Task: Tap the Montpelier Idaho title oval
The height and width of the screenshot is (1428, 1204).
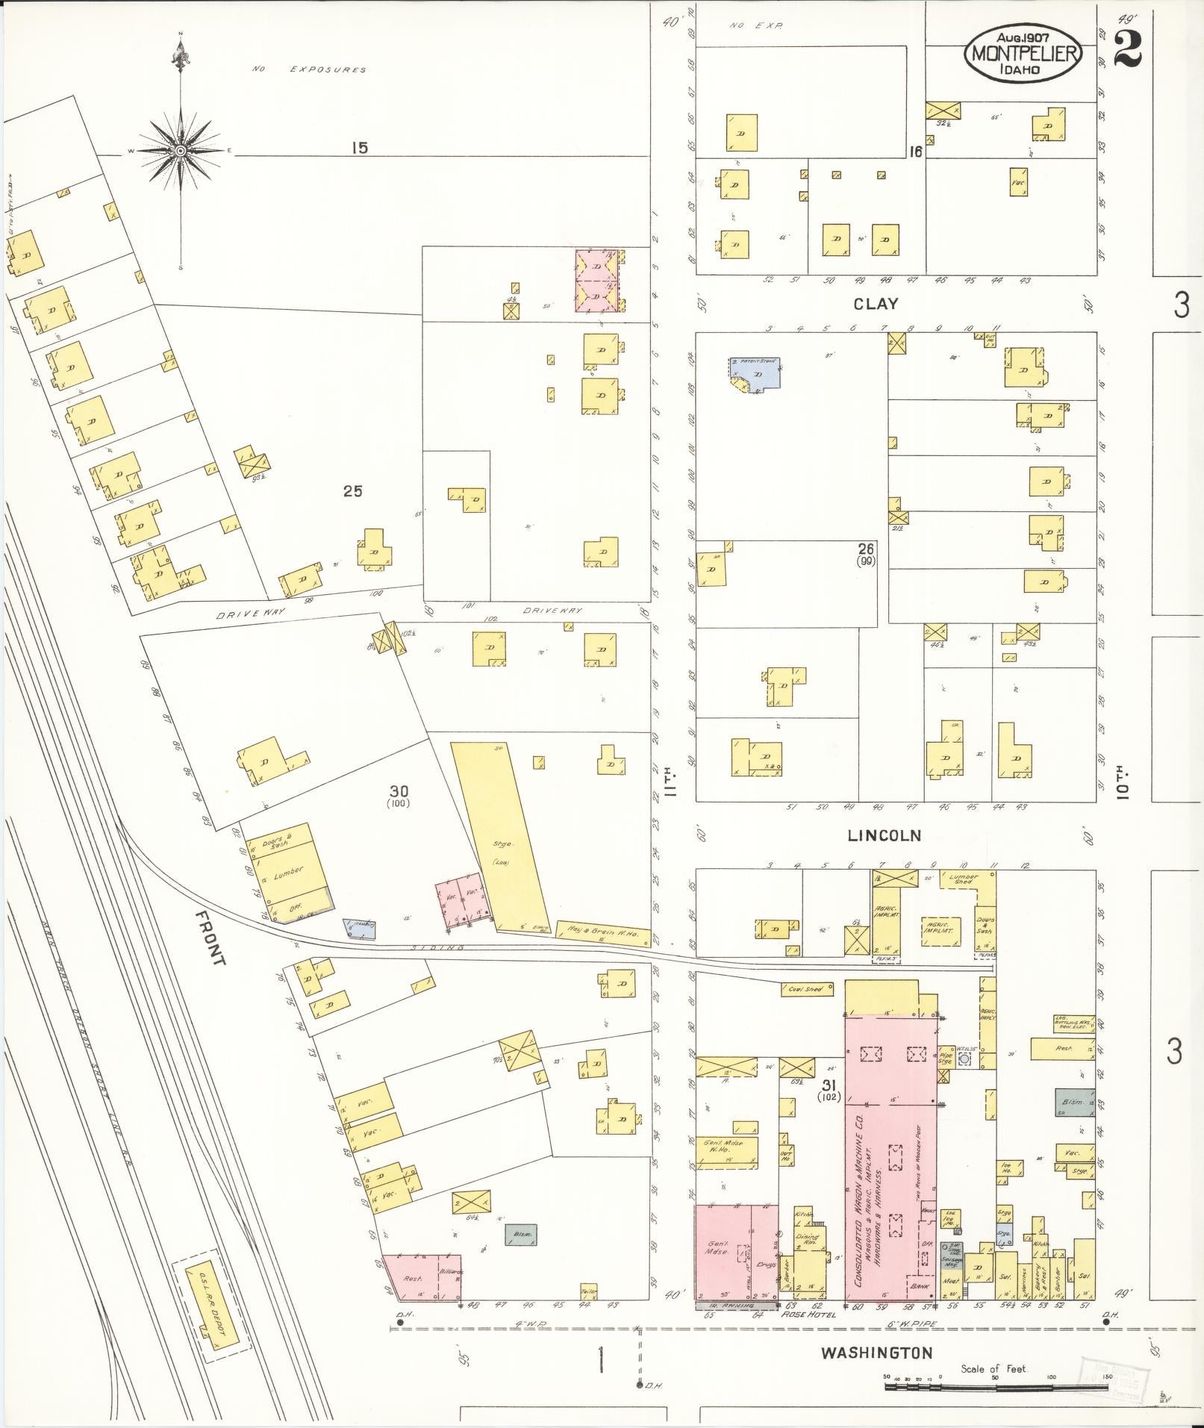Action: point(1023,53)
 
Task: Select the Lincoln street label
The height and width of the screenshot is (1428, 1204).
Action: point(884,835)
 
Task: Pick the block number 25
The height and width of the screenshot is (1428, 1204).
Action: point(352,491)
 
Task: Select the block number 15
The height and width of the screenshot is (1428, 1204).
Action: point(360,148)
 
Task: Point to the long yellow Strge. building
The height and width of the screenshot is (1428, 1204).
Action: point(500,836)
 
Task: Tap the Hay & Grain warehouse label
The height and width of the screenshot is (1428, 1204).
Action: point(602,933)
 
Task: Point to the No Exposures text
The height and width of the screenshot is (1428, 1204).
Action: point(309,69)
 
